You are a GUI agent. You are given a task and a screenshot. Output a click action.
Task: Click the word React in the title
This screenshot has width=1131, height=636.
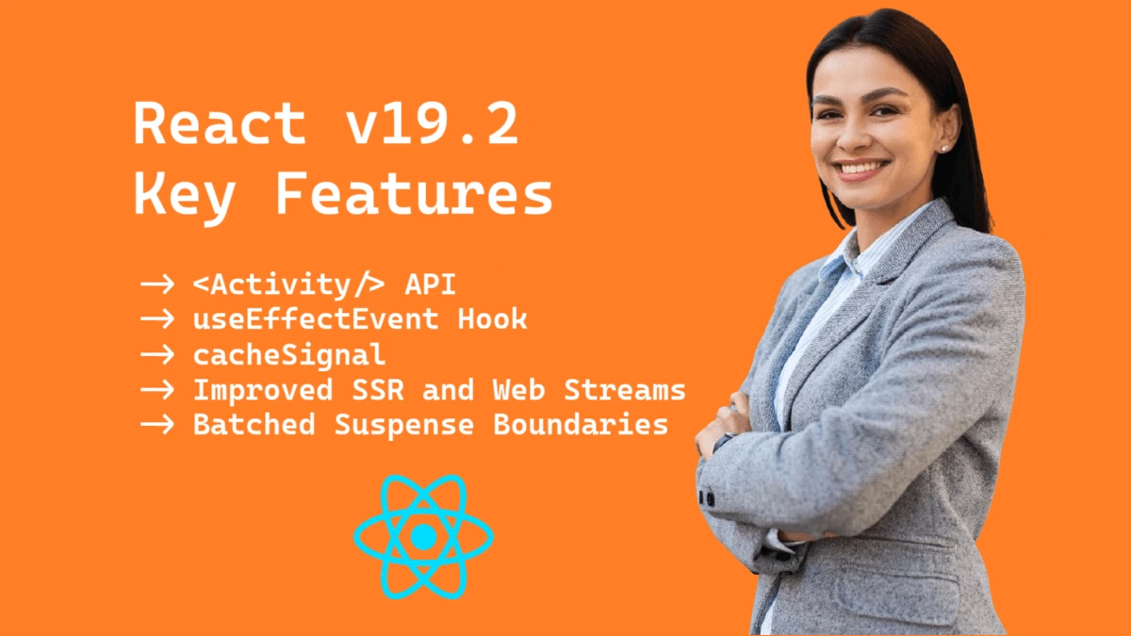[220, 123]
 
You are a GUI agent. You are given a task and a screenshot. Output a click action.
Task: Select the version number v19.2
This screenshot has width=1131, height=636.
[433, 123]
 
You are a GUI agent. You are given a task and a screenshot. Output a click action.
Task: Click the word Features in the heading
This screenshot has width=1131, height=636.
[414, 194]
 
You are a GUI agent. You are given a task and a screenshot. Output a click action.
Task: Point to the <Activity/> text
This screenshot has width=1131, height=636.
[288, 285]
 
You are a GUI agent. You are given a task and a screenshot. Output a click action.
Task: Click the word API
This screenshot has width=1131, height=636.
[430, 284]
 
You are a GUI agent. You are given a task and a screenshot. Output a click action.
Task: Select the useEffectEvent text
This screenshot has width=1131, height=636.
[316, 319]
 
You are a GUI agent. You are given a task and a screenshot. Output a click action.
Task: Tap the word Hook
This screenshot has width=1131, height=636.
[492, 319]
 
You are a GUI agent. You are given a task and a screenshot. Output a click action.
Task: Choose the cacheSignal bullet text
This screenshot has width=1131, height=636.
[289, 355]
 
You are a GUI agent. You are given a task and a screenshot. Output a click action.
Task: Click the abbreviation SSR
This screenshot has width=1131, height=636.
[378, 390]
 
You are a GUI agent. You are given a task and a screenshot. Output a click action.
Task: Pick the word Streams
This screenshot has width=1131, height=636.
[625, 390]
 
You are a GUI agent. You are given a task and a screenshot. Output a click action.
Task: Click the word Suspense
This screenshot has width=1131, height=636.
[404, 425]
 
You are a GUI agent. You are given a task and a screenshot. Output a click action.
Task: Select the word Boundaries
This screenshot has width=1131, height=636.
[581, 424]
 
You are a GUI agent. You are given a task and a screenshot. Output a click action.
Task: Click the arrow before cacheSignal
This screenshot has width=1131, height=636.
[157, 355]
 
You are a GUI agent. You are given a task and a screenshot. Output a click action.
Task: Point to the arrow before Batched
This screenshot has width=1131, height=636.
[157, 425]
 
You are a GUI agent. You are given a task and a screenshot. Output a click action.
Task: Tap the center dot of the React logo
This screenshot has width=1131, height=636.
[423, 536]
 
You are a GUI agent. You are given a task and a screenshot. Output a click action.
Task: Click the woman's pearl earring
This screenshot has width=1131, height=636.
[944, 149]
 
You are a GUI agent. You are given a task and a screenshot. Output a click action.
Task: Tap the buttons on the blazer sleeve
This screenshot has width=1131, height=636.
[706, 498]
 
